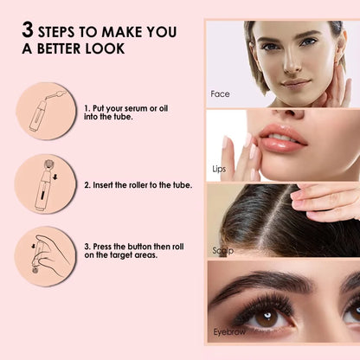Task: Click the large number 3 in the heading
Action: (x=28, y=29)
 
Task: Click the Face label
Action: (x=220, y=94)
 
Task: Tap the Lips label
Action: (x=219, y=169)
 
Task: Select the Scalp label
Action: (x=222, y=250)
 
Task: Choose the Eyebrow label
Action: (x=229, y=331)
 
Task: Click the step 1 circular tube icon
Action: (x=46, y=112)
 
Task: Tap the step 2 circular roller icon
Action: (x=45, y=184)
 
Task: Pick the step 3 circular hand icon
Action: (x=45, y=256)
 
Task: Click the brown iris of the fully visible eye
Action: (x=266, y=318)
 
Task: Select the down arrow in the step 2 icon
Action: (x=55, y=177)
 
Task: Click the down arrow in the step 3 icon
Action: (x=33, y=247)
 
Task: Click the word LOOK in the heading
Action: (x=105, y=48)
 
